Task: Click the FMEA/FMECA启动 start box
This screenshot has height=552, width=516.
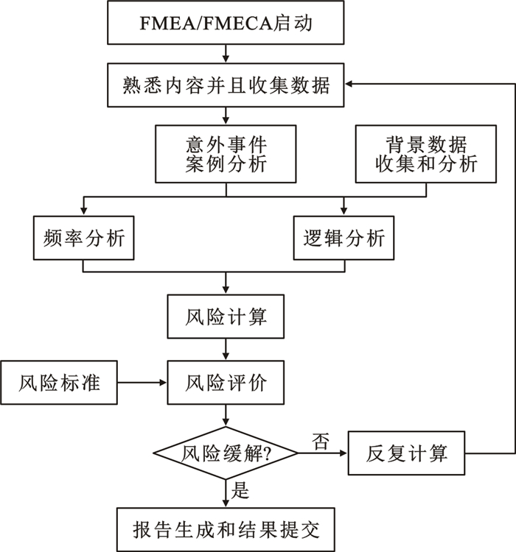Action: (226, 23)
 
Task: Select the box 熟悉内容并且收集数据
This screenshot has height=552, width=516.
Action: (226, 85)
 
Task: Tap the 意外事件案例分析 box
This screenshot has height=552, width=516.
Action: (226, 153)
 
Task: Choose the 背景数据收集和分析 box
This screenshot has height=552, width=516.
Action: (426, 153)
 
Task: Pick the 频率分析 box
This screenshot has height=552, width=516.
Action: (83, 238)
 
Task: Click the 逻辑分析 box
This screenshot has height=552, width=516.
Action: (344, 238)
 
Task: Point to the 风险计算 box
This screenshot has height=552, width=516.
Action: (226, 318)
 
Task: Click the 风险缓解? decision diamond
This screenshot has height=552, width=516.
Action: (226, 453)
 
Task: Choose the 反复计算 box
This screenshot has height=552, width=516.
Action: (407, 453)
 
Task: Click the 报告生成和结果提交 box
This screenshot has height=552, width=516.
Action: (226, 528)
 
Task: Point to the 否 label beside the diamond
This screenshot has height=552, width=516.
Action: (321, 442)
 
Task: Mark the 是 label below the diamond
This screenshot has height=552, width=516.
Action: (241, 488)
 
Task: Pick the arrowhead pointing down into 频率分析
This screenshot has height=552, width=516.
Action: (83, 210)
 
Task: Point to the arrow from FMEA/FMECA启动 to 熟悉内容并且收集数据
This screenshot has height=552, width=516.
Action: (226, 54)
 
